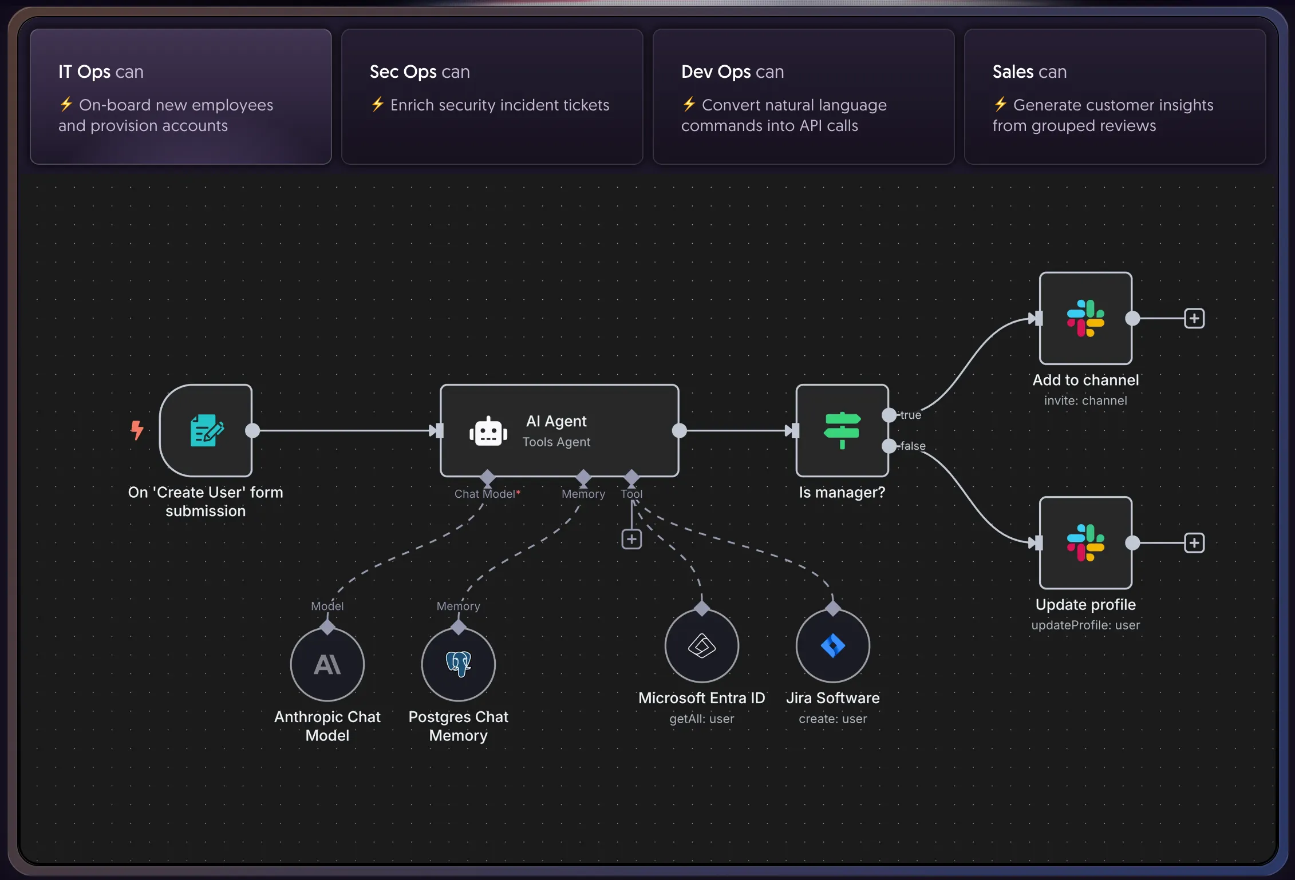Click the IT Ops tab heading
coord(101,72)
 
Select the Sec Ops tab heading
coord(420,72)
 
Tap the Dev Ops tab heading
coord(732,72)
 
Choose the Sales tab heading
coord(1029,72)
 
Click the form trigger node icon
coord(206,430)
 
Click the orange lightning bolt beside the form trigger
coord(137,430)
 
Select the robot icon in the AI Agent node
coord(488,431)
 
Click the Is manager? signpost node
coord(842,430)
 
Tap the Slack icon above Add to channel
coord(1085,318)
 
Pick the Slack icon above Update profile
coord(1085,542)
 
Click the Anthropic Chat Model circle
coord(327,664)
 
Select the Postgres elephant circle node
coord(459,664)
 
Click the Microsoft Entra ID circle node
coord(702,645)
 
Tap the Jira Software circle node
coord(833,645)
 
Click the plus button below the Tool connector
coord(631,539)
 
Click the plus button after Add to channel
coord(1194,318)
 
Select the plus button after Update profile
coord(1194,542)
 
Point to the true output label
coord(910,415)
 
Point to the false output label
coord(913,446)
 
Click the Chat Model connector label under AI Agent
coord(487,494)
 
